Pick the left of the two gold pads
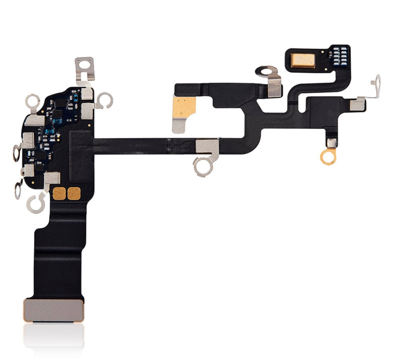tap(60, 193)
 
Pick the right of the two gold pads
tap(74, 193)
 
